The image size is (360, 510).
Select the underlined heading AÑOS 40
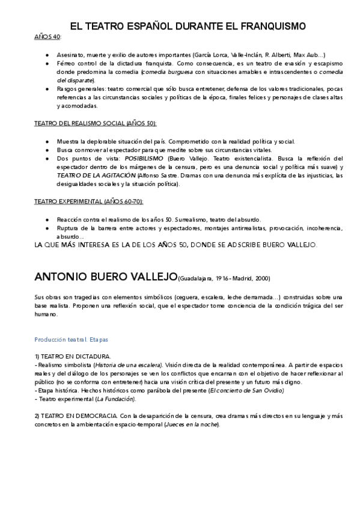click(47, 37)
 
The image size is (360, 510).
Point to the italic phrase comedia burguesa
click(166, 72)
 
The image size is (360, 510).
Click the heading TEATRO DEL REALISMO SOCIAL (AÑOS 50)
click(95, 123)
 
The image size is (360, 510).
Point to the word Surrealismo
click(192, 220)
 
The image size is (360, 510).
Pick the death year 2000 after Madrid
click(262, 279)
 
